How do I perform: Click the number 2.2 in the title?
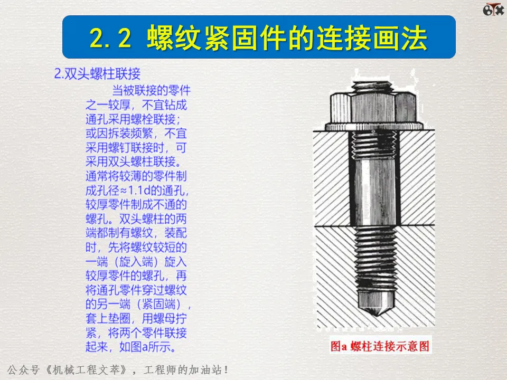[x=110, y=38]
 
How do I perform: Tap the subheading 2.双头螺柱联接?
[x=97, y=74]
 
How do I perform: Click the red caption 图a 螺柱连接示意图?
[x=380, y=346]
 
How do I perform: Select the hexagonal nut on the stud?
[x=373, y=107]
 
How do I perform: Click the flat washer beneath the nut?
[x=374, y=126]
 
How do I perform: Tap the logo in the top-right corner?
[x=493, y=9]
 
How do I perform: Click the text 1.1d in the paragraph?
[x=139, y=191]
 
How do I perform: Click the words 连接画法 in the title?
[x=372, y=38]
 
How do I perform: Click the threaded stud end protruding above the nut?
[x=372, y=87]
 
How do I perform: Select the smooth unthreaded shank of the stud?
[x=375, y=193]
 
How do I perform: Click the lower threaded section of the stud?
[x=376, y=259]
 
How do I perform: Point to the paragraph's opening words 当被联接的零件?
[x=152, y=90]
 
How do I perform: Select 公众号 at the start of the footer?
[x=23, y=369]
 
